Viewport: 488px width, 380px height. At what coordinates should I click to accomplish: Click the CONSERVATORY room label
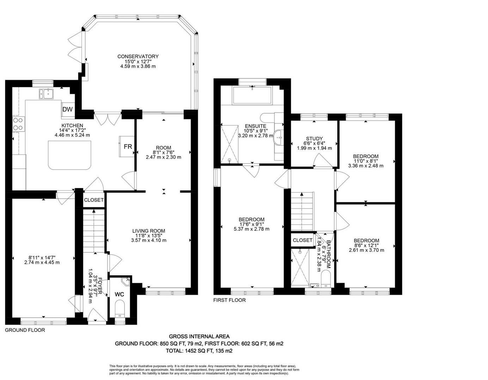(138, 56)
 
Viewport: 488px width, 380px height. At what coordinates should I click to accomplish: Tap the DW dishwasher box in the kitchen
(67, 109)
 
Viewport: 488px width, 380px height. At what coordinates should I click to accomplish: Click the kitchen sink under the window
(46, 94)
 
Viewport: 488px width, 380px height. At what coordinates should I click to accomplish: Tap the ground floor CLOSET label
(94, 200)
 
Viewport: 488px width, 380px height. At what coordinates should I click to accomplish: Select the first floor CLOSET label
(303, 240)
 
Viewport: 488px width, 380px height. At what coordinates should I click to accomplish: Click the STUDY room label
(315, 139)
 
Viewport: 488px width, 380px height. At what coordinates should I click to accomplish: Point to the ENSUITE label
(256, 126)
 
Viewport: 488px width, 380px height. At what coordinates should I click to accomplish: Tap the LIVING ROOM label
(148, 231)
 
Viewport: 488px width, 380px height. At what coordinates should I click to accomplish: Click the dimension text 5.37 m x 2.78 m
(251, 229)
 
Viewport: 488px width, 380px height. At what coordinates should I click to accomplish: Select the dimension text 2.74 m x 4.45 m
(42, 262)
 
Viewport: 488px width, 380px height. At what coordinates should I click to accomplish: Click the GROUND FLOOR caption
(25, 330)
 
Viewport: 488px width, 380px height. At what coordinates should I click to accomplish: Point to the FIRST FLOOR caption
(230, 300)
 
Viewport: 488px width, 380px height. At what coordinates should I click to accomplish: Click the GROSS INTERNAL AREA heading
(199, 337)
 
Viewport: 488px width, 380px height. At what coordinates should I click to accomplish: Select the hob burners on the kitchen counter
(18, 124)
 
